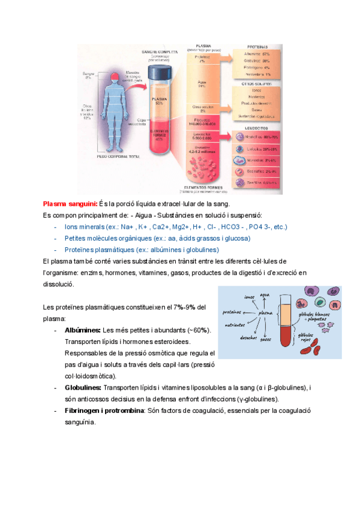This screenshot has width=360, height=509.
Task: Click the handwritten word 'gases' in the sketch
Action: pyautogui.click(x=265, y=339)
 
